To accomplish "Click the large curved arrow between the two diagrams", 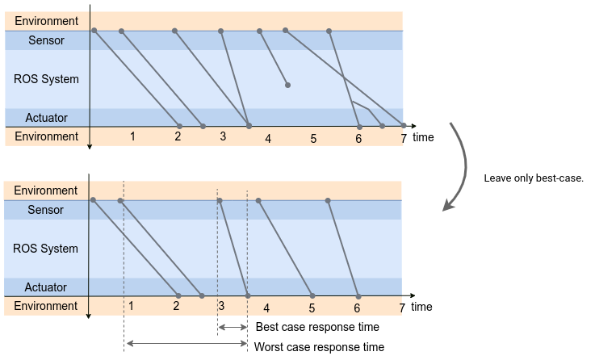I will (463, 165).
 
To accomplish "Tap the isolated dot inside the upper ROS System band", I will (287, 85).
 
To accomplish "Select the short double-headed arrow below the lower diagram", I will (233, 327).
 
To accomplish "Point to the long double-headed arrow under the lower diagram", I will (186, 344).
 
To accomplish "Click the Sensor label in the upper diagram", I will (46, 40).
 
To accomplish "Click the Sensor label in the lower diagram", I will (46, 210).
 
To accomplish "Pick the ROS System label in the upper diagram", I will (46, 79).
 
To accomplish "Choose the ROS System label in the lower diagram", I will (46, 249).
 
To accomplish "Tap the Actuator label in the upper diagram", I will (46, 118).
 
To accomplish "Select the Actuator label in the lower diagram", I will (46, 287).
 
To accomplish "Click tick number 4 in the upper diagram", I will (268, 139).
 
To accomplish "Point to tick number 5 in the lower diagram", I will (312, 308).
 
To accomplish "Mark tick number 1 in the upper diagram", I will (132, 136).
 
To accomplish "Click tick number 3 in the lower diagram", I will (221, 306).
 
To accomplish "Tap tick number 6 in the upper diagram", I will (358, 138).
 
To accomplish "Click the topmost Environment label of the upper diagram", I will (46, 20).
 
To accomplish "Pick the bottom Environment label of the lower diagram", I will (46, 306).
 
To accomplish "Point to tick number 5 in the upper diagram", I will (313, 139).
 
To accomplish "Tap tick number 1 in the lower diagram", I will (131, 306).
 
